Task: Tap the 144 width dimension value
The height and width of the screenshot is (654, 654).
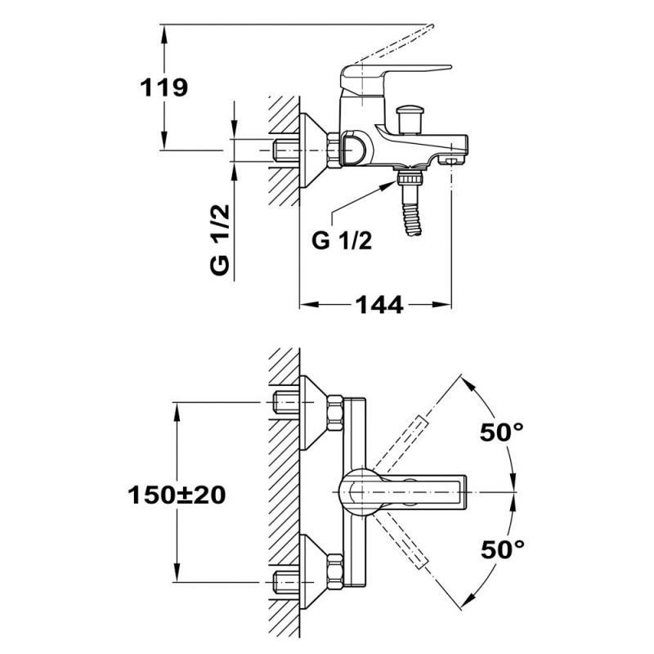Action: (x=379, y=305)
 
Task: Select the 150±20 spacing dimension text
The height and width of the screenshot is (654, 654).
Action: (x=177, y=494)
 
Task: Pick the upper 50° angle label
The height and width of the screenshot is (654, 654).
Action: (x=501, y=432)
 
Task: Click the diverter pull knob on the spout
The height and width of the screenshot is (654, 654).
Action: (x=407, y=116)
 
